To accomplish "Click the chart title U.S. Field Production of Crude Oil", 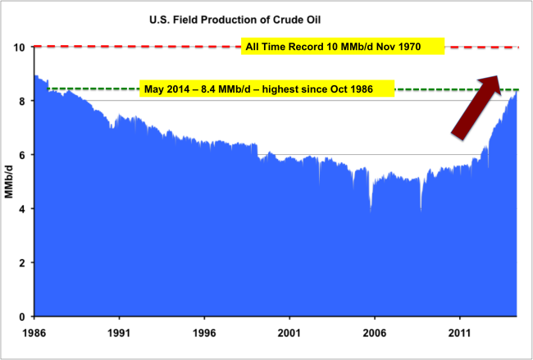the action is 235,20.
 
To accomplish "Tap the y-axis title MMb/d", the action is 9,181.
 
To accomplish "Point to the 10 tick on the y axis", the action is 19,47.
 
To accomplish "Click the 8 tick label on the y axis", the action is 22,101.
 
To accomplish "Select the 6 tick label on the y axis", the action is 22,155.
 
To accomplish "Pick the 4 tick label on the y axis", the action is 22,209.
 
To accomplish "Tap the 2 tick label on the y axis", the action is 22,262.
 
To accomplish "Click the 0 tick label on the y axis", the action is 22,317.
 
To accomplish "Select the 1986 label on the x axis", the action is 34,333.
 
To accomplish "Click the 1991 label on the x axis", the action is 119,333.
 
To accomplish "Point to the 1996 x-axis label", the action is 204,333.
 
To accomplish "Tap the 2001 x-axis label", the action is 289,333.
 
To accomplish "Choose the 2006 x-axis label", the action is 374,333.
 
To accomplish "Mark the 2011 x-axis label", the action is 459,333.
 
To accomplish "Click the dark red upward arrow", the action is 476,107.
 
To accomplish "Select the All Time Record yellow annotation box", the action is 343,46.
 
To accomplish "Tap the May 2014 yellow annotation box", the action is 266,89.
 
